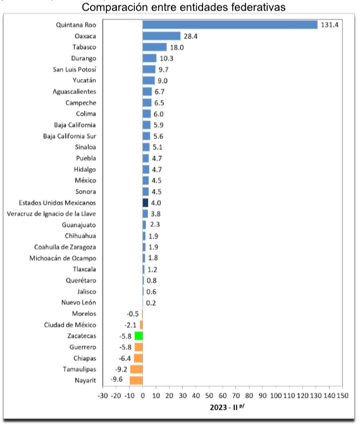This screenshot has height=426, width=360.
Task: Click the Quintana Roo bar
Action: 230,25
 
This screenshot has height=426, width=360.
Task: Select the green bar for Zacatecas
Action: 139,336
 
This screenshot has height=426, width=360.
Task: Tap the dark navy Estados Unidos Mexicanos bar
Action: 146,203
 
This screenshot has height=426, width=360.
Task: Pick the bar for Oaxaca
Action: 161,36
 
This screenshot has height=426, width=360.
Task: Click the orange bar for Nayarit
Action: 136,380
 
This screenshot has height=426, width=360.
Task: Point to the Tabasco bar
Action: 155,47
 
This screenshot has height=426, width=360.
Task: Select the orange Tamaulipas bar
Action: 137,369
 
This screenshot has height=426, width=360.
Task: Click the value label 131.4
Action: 330,25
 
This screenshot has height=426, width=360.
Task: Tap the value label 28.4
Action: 190,36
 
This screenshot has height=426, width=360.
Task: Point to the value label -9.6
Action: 116,379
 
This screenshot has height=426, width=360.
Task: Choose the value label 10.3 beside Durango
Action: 166,58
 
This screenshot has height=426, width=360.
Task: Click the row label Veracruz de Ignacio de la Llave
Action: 51,214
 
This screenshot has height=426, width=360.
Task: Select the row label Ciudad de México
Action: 70,325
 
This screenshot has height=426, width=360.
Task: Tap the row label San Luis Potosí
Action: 75,70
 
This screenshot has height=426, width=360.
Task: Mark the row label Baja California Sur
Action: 70,136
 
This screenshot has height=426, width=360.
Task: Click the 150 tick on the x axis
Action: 342,396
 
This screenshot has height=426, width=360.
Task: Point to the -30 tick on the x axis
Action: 102,396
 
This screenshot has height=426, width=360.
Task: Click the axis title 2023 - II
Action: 224,408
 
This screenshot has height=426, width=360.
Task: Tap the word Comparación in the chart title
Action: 115,8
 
